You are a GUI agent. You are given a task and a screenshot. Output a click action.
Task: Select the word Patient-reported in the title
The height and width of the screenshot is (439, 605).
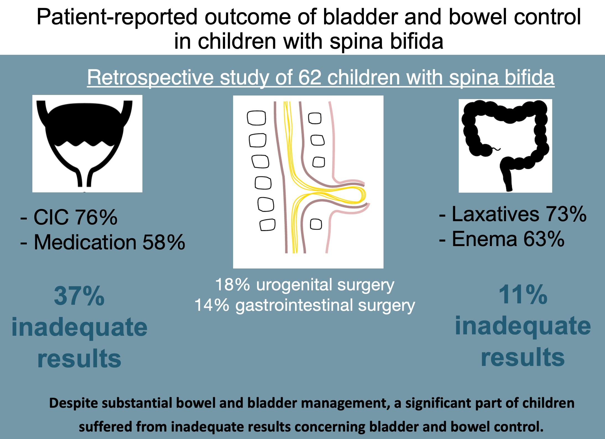(x=118, y=17)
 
